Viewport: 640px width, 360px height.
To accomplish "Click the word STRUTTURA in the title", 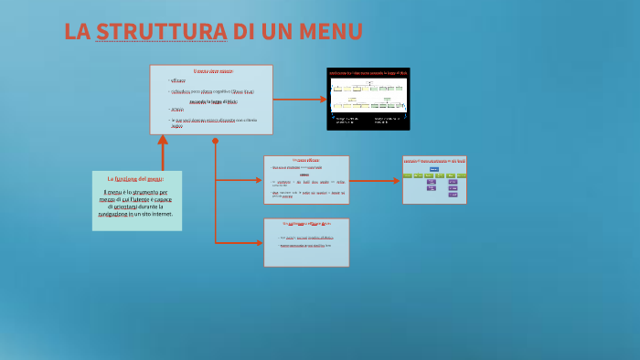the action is [161, 31].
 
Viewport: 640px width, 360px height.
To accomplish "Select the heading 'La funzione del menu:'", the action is [136, 178].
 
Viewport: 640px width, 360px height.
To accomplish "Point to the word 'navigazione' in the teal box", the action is [116, 214].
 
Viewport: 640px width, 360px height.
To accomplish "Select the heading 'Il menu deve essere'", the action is [212, 71].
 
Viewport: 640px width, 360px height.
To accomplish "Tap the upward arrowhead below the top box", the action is [163, 141].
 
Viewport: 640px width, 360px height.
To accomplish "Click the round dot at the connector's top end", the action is [215, 142].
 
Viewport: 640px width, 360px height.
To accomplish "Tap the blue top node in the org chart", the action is [433, 168].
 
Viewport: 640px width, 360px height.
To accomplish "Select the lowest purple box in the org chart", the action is [453, 195].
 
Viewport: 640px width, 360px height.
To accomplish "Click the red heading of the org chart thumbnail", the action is [434, 160].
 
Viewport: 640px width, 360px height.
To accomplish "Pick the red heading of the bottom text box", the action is [305, 224].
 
